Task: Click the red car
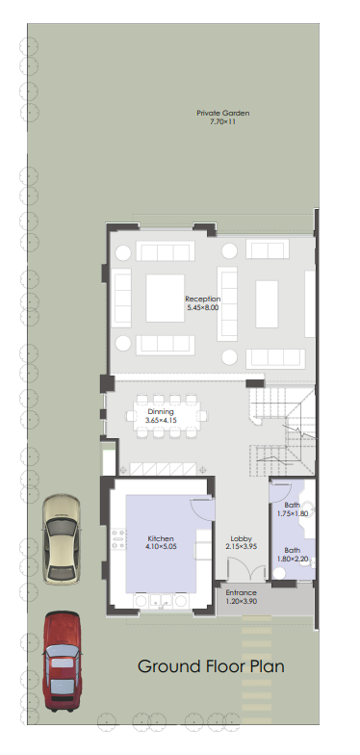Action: click(x=62, y=661)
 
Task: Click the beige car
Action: click(x=62, y=539)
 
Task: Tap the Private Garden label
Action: click(x=223, y=114)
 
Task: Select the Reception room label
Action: click(x=202, y=299)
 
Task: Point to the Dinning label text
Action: click(x=161, y=412)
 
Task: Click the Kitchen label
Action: click(x=161, y=539)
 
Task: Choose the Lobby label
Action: click(x=241, y=539)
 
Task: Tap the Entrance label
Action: click(x=241, y=593)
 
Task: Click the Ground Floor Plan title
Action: click(x=211, y=666)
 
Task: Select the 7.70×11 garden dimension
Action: click(x=223, y=121)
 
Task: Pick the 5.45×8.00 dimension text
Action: click(x=202, y=307)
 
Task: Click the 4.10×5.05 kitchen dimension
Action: click(x=161, y=547)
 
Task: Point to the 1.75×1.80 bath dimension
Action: click(x=293, y=514)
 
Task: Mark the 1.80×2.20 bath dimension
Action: click(x=293, y=559)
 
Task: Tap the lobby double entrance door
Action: click(x=246, y=569)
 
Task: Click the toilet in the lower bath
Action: click(x=279, y=573)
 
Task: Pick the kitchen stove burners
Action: click(x=118, y=539)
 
